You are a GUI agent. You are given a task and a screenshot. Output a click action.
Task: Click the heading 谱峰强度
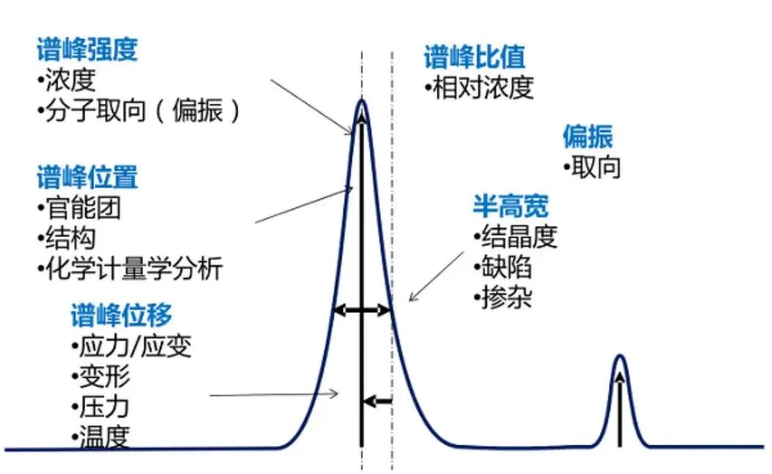[x=87, y=51]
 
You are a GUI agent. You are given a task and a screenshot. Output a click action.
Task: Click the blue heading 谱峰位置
[x=87, y=178]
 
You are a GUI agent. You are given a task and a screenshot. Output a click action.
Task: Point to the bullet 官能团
[x=80, y=208]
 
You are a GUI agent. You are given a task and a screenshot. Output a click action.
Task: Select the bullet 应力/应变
[x=133, y=345]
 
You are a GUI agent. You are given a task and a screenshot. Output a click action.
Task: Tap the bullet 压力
[x=103, y=406]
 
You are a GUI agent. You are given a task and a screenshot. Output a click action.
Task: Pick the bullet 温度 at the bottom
[x=103, y=437]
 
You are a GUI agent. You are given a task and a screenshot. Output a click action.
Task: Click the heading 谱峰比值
[x=474, y=57]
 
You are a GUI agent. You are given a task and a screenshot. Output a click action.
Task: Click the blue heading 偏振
[x=587, y=136]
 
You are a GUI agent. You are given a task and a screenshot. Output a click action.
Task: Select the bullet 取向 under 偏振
[x=595, y=167]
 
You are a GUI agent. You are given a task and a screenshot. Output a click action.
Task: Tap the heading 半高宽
[x=510, y=207]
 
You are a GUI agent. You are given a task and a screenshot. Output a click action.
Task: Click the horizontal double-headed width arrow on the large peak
[x=362, y=310]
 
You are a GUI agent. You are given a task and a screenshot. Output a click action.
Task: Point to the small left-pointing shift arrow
[x=378, y=401]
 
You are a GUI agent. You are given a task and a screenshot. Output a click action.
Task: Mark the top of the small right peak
[x=620, y=357]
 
